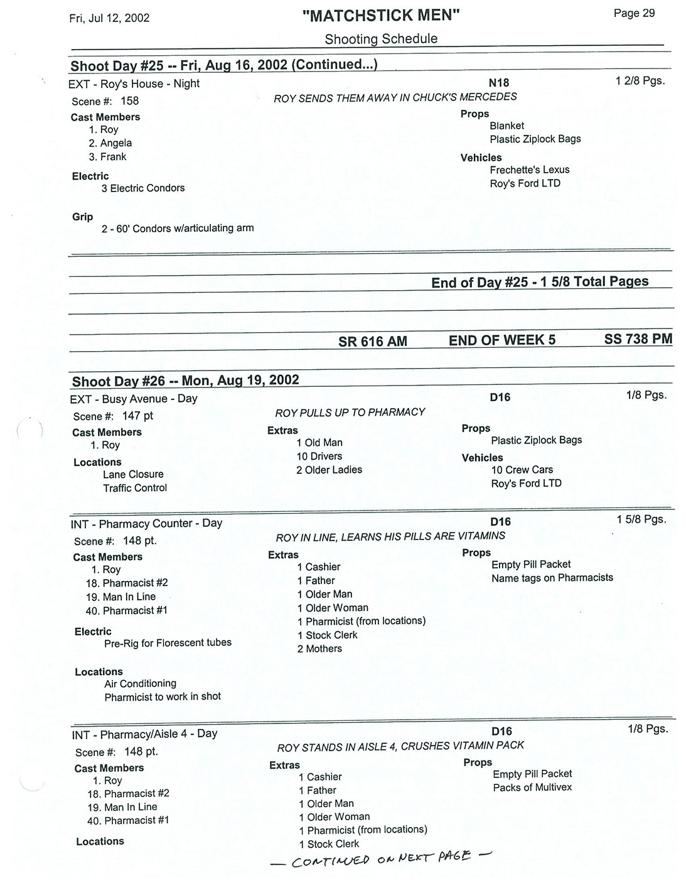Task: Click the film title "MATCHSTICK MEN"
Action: tap(381, 16)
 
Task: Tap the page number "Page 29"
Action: tap(634, 13)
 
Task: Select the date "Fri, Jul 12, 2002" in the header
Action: tap(109, 18)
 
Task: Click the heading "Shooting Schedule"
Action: tap(381, 39)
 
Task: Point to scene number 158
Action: tap(129, 100)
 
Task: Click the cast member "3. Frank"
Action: tap(107, 157)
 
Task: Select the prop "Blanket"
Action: tap(506, 126)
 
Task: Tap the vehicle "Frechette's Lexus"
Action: tap(530, 170)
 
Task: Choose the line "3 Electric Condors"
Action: tap(143, 188)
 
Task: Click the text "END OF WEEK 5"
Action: tap(502, 340)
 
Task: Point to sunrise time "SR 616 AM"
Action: tap(373, 341)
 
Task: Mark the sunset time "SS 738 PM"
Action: tap(638, 339)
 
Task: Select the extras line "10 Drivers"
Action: tap(319, 457)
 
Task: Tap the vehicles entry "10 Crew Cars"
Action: tap(522, 470)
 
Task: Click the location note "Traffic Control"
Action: tap(135, 488)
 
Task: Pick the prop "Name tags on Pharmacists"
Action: tap(552, 578)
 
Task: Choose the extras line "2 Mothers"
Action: tap(319, 649)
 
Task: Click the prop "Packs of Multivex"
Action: tap(532, 788)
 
